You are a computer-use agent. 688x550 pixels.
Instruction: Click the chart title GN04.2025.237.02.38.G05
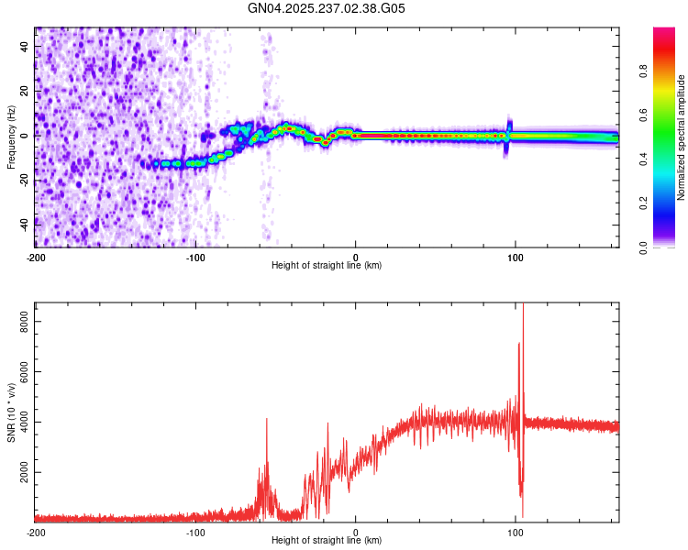coord(327,8)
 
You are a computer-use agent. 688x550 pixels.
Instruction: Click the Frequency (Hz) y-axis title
coord(11,137)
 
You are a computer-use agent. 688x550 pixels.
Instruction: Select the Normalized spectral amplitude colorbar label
coord(681,137)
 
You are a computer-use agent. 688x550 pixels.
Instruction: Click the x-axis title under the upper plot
coord(327,265)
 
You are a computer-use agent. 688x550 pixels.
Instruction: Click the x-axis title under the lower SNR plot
coord(327,539)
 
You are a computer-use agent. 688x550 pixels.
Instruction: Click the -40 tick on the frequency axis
coord(24,223)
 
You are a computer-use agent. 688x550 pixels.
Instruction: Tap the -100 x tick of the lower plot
coord(195,531)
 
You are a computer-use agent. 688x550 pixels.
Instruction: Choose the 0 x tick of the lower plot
coord(356,531)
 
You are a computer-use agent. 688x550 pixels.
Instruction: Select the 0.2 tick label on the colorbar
coord(644,203)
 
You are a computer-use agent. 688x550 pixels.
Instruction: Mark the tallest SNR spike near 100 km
coord(523,306)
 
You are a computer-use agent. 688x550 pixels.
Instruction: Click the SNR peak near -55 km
coord(267,419)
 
